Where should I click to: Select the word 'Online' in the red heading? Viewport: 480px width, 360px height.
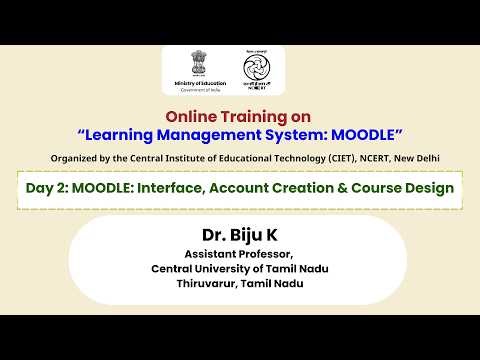191,115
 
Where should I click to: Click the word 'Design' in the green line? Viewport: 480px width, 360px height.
429,187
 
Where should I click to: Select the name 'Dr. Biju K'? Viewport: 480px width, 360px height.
239,236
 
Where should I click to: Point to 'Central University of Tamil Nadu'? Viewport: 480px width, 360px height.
239,268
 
